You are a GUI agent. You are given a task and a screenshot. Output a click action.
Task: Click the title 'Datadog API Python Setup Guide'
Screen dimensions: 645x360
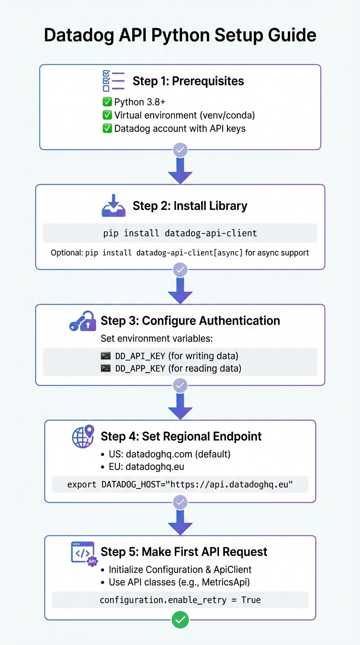180,36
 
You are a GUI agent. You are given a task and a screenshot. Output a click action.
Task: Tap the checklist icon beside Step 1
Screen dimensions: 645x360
113,81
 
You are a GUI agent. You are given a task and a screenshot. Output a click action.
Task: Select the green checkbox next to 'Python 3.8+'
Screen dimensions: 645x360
107,102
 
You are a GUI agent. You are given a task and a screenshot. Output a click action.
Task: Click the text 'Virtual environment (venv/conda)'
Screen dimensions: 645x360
184,115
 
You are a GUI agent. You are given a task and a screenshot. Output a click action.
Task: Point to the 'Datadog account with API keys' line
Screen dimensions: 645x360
180,128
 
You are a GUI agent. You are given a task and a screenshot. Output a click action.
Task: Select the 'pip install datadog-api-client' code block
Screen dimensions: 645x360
180,233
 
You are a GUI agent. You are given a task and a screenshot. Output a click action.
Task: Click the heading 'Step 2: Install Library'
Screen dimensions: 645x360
190,206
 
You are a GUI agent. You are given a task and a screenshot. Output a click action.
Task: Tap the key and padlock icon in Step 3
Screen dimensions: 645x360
82,321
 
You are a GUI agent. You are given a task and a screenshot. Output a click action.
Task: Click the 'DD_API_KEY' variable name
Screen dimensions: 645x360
140,356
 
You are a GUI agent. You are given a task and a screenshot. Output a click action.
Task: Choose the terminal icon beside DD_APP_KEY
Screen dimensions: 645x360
106,368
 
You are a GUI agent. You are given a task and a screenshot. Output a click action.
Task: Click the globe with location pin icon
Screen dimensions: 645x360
83,436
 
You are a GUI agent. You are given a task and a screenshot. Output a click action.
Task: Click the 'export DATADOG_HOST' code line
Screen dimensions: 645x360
180,484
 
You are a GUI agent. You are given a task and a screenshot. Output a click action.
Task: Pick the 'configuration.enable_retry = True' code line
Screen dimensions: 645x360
180,600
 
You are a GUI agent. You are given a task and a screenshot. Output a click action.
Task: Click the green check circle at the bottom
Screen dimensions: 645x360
180,620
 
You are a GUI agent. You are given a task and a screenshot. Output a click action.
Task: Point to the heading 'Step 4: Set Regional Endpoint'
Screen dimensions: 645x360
181,436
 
